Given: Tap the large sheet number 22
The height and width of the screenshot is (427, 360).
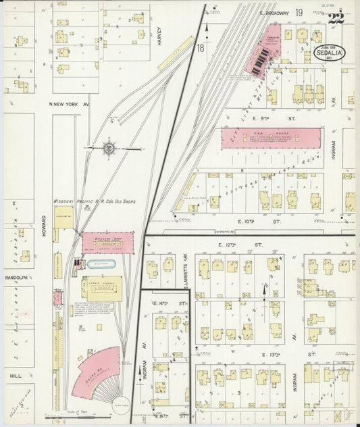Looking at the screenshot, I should [x=335, y=18].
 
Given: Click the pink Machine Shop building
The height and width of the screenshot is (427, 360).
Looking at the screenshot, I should [x=107, y=243].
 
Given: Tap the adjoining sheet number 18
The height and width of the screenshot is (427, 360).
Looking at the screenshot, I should [x=201, y=49].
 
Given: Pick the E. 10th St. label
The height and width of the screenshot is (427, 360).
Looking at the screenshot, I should [x=255, y=221].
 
